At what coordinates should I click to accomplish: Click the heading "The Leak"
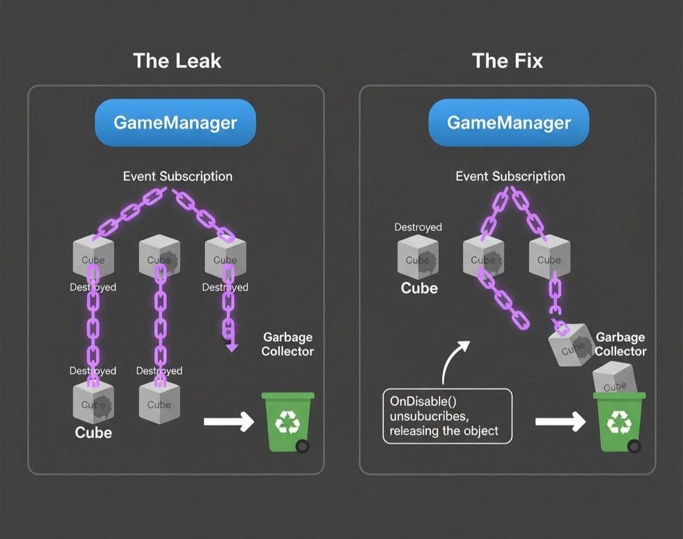pos(177,61)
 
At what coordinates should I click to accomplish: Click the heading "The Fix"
pos(508,61)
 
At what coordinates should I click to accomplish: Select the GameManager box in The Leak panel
pos(175,123)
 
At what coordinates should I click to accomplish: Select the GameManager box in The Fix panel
pos(508,123)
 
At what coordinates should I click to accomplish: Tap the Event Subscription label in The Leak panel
pos(177,176)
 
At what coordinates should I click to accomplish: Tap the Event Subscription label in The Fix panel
pos(510,176)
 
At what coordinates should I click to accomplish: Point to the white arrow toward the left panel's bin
pos(228,422)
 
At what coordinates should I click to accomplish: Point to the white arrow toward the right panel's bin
pos(560,422)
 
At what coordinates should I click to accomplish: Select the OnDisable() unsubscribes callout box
pos(447,416)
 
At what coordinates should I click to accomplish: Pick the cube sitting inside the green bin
pos(615,380)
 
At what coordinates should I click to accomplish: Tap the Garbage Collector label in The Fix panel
pos(620,344)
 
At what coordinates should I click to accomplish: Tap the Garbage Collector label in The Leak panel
pos(287,344)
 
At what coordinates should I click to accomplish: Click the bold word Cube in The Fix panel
pos(419,288)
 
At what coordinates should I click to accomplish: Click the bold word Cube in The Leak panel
pos(93,432)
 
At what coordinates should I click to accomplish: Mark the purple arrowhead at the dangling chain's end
pos(231,346)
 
